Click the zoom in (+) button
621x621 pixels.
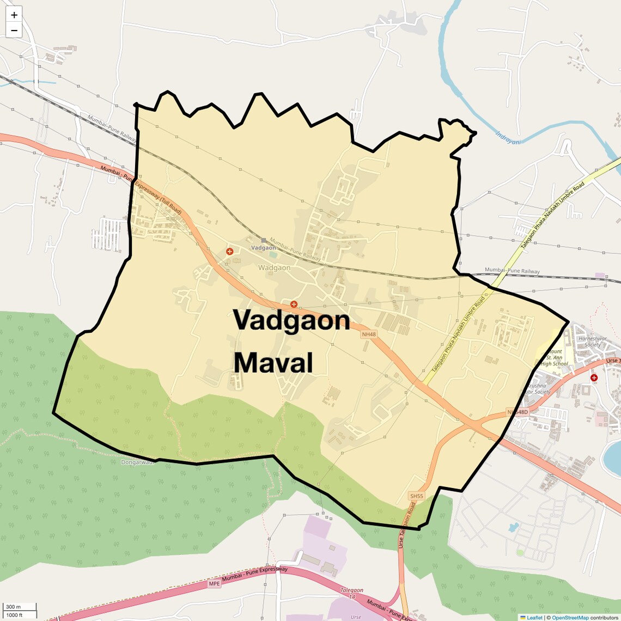pos(14,15)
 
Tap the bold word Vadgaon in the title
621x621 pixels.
pos(291,320)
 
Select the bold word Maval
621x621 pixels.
pos(273,363)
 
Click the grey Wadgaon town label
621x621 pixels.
pos(274,268)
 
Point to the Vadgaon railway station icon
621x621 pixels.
pos(264,240)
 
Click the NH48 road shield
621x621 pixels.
pos(369,334)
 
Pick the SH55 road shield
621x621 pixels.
pos(416,496)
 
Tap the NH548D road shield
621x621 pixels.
pos(517,412)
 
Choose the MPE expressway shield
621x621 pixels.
pos(214,583)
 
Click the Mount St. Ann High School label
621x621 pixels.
pos(555,358)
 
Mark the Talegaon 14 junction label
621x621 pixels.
pos(352,594)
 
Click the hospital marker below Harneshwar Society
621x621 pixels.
pos(594,378)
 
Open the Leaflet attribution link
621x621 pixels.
pos(534,618)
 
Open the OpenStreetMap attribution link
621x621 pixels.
pos(570,618)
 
